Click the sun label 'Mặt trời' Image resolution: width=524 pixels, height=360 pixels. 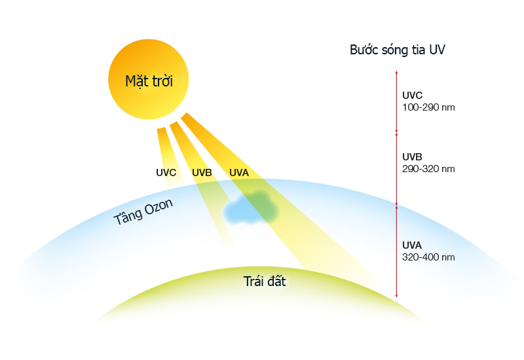click(x=148, y=82)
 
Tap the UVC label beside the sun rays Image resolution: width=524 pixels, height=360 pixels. click(x=166, y=173)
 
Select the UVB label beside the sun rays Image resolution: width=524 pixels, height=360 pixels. click(x=202, y=173)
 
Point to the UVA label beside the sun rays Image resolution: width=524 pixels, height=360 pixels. click(x=239, y=173)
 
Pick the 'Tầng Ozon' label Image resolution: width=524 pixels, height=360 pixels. click(x=144, y=211)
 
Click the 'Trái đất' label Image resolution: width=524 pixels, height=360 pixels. click(x=265, y=282)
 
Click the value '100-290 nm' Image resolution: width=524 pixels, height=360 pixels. click(x=428, y=107)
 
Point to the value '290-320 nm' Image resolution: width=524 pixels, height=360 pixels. click(x=428, y=168)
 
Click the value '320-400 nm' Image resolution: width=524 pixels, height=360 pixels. click(x=428, y=257)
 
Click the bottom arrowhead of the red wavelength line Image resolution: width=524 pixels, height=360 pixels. click(x=396, y=298)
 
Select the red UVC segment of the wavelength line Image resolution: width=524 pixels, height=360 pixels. click(x=396, y=101)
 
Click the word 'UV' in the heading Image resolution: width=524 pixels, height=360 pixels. click(x=438, y=50)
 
